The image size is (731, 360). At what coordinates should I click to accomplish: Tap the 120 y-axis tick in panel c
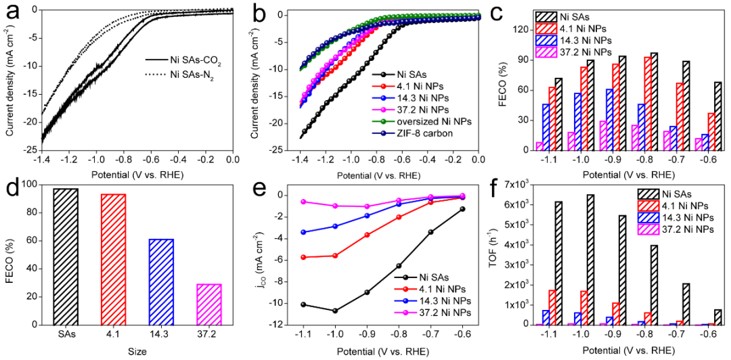522,30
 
